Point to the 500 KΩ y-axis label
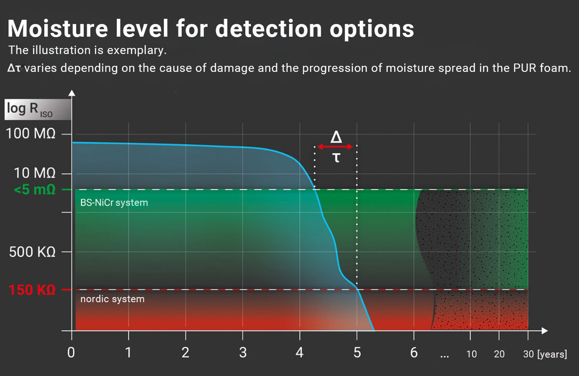coord(33,252)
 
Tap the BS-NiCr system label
coord(114,203)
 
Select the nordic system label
coord(112,299)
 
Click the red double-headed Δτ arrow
coord(336,147)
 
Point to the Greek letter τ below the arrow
coord(336,158)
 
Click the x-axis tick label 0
coord(71,353)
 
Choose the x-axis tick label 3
coord(243,353)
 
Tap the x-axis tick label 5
coord(357,353)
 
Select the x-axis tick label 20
coord(499,354)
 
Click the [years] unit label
coord(552,354)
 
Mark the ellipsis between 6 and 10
coord(444,357)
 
